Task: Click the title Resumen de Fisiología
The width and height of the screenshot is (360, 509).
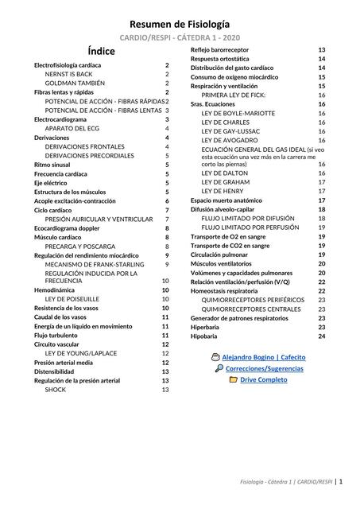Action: [x=180, y=25]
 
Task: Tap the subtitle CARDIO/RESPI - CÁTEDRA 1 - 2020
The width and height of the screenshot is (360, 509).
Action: [x=180, y=38]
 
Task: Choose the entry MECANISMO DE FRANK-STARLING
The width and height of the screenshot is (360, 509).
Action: [x=95, y=264]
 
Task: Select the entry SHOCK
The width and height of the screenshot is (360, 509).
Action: [x=56, y=390]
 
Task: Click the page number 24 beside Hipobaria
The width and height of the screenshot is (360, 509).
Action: [x=322, y=336]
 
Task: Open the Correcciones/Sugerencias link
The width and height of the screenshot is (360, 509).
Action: [x=264, y=369]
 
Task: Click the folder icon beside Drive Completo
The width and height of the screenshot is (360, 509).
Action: [x=234, y=380]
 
